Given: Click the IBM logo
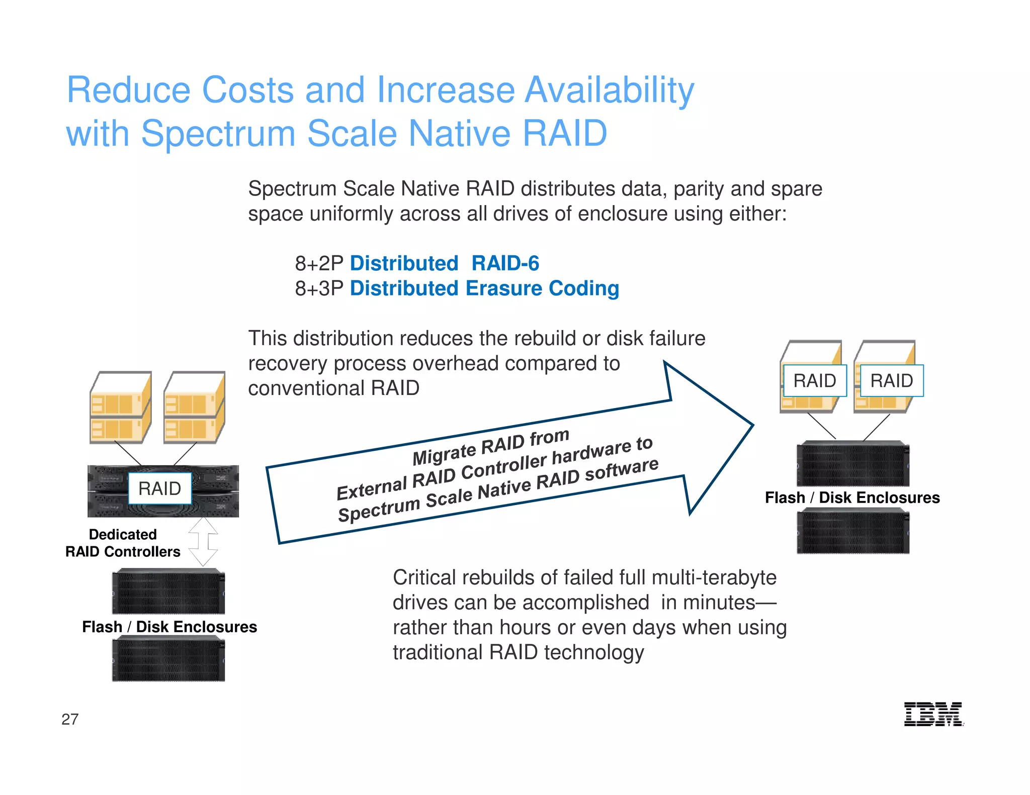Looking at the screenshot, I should pos(933,714).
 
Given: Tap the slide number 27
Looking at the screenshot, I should pos(70,719).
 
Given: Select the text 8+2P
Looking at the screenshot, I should pos(319,263).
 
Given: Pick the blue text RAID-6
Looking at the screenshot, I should pos(505,263).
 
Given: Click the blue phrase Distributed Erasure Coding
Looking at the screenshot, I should pos(484,288).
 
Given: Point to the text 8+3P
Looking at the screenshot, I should pos(319,288).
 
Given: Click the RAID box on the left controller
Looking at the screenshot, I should pos(160,488).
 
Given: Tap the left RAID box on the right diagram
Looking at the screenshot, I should pos(814,380).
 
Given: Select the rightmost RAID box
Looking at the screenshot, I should pos(892,380).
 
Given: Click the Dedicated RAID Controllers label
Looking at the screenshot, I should pos(123,543).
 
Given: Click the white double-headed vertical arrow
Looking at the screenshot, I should pos(203,542).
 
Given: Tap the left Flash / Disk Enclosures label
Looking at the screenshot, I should pos(169,627).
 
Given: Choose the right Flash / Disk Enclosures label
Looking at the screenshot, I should pos(852,498).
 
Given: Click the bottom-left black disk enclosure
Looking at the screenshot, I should pos(168,659).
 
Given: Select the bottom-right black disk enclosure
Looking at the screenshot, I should pos(853,531).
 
